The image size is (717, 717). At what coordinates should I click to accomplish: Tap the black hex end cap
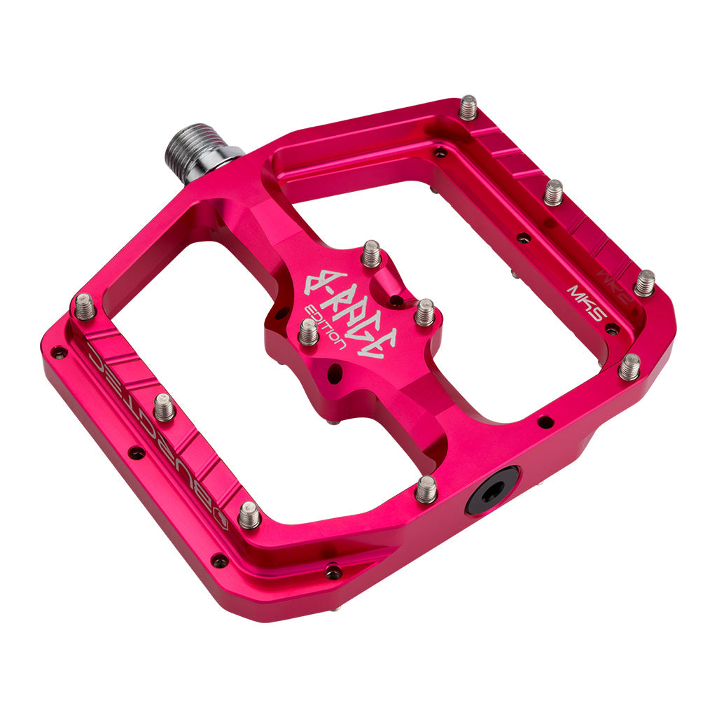click(x=492, y=490)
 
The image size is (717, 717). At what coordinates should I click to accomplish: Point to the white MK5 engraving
click(x=585, y=301)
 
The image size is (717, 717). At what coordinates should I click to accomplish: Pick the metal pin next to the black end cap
click(x=426, y=489)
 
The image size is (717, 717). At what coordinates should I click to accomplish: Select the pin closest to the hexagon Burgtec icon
click(x=249, y=516)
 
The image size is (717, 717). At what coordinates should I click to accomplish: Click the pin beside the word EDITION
click(x=308, y=332)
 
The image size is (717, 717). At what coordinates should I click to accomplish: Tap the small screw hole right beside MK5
click(x=612, y=328)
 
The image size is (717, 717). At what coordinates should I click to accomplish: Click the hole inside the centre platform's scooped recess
click(x=396, y=301)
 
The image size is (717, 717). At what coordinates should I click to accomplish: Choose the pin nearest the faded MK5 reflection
click(x=644, y=283)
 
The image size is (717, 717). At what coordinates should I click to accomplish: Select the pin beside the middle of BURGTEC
click(x=164, y=407)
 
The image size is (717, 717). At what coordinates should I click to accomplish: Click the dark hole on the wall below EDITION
click(x=335, y=375)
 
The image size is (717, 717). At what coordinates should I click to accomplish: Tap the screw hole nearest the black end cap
click(x=544, y=422)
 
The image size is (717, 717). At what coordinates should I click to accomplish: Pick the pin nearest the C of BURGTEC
click(x=85, y=307)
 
